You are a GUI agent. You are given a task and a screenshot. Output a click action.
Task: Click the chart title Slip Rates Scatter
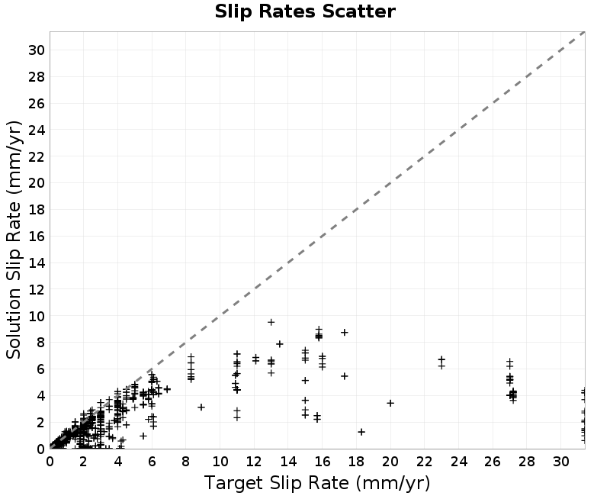pos(305,11)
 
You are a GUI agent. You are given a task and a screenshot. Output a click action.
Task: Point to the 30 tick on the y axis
pos(37,50)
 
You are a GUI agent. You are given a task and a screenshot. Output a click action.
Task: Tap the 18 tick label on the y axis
pos(37,210)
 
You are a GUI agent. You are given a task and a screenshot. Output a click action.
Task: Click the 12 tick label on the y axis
pos(37,290)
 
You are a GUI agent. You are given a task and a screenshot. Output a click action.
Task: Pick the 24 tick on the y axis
pos(37,130)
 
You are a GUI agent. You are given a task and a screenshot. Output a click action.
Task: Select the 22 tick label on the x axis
pos(425,462)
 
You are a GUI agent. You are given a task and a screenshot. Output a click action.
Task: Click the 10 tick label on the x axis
pos(220,462)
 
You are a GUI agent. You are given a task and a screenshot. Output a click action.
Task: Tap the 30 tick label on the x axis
pos(561,462)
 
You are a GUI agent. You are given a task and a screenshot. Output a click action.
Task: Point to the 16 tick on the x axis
pos(322,462)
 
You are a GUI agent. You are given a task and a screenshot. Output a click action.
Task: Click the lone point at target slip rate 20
pos(390,403)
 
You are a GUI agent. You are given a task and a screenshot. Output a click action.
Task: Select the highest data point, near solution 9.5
pos(271,322)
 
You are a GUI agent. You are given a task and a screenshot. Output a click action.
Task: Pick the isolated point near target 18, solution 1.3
pos(361,432)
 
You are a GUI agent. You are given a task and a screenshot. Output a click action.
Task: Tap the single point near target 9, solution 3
pos(201,407)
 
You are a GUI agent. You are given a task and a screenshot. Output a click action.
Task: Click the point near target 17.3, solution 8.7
pos(345,332)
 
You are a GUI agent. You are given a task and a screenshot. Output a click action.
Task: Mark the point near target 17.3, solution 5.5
pos(345,376)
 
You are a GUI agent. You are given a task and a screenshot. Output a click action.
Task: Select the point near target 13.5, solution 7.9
pos(280,344)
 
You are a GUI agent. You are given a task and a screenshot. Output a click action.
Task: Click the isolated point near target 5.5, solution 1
pos(143,436)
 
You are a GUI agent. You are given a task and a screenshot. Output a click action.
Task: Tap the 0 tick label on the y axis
pos(41,449)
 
